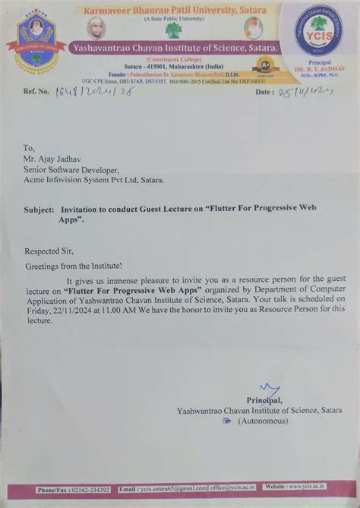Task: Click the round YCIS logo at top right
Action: pyautogui.click(x=318, y=30)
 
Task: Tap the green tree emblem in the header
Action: pyautogui.click(x=174, y=30)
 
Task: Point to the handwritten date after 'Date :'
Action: pyautogui.click(x=305, y=91)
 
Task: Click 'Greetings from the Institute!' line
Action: pyautogui.click(x=74, y=267)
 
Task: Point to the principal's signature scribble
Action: pyautogui.click(x=269, y=390)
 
